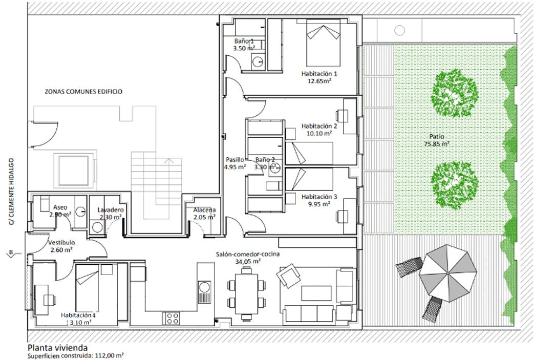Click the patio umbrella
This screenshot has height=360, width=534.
click(x=447, y=273)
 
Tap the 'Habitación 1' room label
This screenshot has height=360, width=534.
click(x=319, y=74)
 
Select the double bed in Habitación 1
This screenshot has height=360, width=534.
click(x=323, y=43)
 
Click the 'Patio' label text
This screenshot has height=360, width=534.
click(x=436, y=137)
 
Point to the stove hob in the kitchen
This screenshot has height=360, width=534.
click(x=172, y=318)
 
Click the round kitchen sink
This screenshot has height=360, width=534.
click(x=204, y=286)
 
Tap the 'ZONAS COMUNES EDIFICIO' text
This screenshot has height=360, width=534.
click(x=83, y=92)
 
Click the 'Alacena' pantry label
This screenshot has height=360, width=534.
click(x=204, y=210)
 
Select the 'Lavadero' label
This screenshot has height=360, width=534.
click(x=111, y=210)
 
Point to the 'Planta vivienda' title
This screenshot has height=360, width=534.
click(x=57, y=347)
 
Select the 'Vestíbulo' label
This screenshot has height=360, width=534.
click(x=61, y=243)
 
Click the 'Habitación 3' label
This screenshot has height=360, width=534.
click(x=319, y=197)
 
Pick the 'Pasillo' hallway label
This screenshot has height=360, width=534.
click(x=235, y=160)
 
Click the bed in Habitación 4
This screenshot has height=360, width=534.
click(x=96, y=287)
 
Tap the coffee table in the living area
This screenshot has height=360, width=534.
click(x=317, y=293)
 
